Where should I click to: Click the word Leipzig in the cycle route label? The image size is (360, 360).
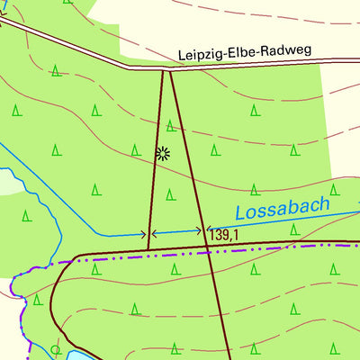(x=199, y=53)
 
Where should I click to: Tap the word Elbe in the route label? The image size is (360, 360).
(x=238, y=52)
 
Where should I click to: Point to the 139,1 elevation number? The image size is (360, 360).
(x=224, y=235)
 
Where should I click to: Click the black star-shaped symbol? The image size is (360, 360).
(x=163, y=153)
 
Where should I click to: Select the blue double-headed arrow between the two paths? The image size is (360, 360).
(x=176, y=232)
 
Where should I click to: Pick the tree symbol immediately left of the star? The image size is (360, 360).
(x=136, y=148)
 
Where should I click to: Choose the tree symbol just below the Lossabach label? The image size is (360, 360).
(x=293, y=230)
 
